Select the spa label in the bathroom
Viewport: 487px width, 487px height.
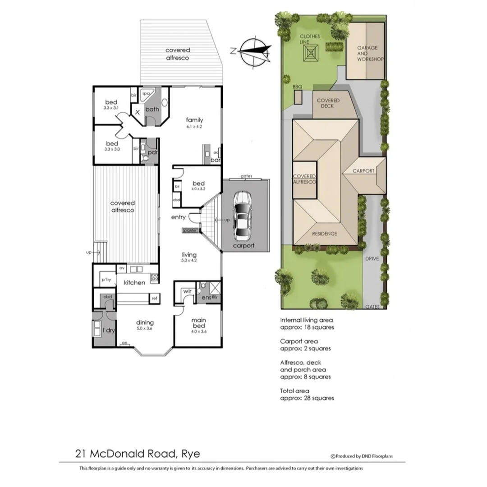click(x=145, y=94)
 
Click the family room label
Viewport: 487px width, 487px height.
click(x=195, y=120)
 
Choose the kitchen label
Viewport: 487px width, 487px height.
click(x=134, y=283)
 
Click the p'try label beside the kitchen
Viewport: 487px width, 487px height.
click(x=106, y=280)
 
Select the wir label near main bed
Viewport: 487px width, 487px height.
click(x=188, y=291)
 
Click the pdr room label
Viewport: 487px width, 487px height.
click(x=153, y=152)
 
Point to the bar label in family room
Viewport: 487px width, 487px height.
click(x=215, y=160)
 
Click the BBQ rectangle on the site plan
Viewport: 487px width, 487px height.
click(x=298, y=97)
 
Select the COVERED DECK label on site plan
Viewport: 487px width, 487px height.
click(x=328, y=103)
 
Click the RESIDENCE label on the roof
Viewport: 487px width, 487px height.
click(x=325, y=234)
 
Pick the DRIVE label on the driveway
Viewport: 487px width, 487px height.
click(x=372, y=259)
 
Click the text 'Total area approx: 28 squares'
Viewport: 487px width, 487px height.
click(x=307, y=395)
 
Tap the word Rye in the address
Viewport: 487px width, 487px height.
click(x=191, y=453)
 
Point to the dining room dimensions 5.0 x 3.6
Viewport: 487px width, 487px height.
click(x=145, y=329)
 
